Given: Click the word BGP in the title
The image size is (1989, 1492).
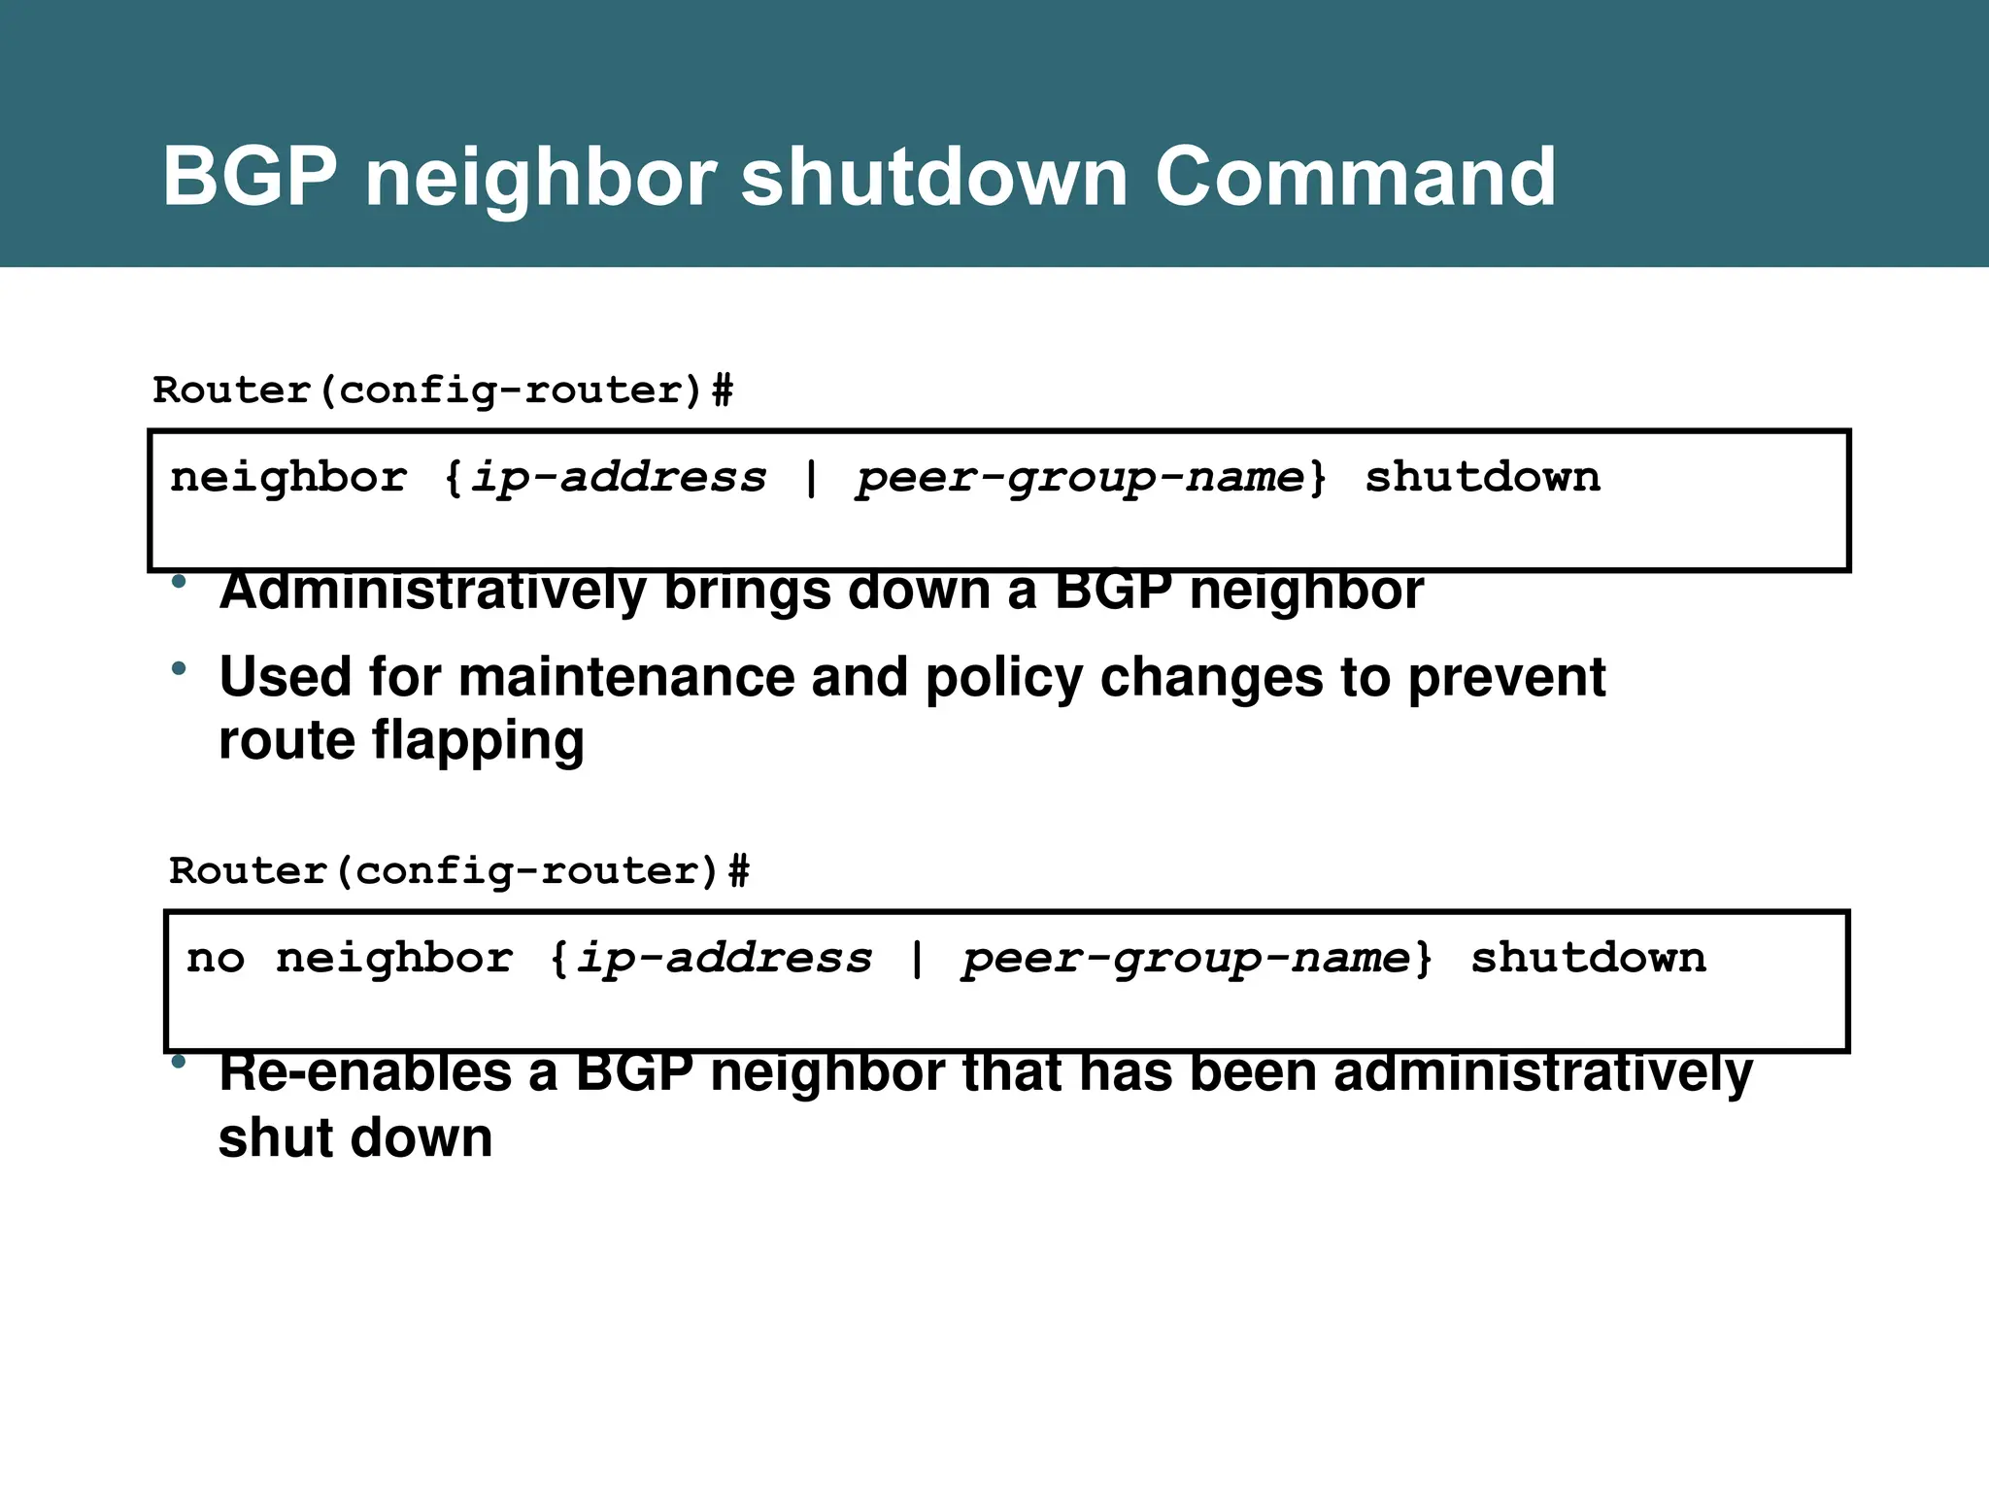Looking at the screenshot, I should point(250,177).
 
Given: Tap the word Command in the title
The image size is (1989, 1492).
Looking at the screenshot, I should point(1355,177).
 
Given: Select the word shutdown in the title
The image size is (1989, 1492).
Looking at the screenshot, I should point(933,177).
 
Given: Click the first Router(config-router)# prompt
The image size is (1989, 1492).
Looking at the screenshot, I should point(443,390).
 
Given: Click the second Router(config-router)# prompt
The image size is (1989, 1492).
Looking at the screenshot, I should point(459,871).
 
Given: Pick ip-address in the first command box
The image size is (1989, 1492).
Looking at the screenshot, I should point(618,478).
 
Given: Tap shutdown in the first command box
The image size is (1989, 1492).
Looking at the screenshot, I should point(1482,478).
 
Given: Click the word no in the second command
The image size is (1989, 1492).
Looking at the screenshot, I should point(216,959).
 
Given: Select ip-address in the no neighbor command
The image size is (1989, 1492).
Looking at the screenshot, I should point(725,959).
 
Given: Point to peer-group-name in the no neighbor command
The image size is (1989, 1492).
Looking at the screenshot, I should point(1186,959).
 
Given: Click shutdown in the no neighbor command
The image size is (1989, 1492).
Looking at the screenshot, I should point(1588,959).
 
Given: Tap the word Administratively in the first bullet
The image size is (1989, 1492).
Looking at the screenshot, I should point(432,592).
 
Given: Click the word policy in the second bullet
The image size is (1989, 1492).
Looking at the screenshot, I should point(1003,677).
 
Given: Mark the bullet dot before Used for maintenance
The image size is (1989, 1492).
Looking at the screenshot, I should point(178,668).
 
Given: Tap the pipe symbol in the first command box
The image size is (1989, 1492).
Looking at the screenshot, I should point(811,478).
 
